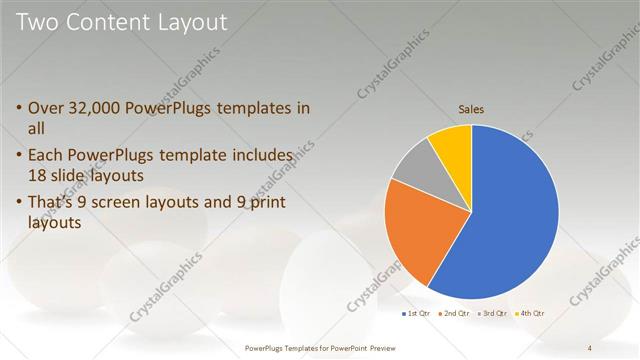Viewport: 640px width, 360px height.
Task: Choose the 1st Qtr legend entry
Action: (x=417, y=314)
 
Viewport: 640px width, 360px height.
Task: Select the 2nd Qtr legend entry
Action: (x=455, y=314)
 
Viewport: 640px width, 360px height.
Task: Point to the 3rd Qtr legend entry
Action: (x=493, y=314)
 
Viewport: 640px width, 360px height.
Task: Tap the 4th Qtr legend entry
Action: (x=531, y=314)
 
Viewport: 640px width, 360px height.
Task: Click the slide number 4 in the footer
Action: (x=590, y=347)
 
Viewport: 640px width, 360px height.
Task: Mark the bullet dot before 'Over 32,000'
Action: (x=20, y=108)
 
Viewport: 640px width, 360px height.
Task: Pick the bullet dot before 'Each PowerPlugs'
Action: (x=20, y=155)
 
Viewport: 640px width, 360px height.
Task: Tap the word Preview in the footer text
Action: (x=381, y=347)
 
